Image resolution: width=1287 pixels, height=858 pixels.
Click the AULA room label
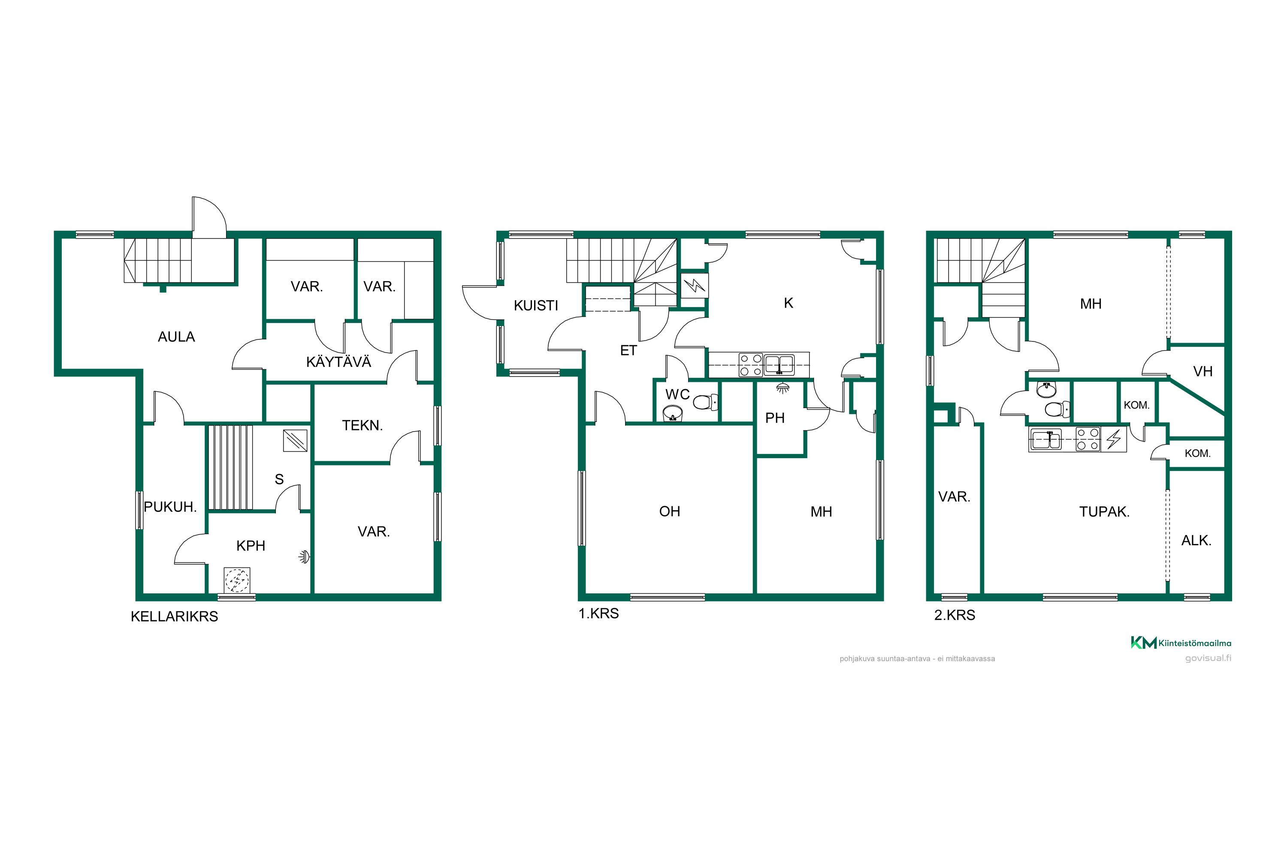point(176,336)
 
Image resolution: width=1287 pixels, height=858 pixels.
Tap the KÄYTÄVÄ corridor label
point(339,362)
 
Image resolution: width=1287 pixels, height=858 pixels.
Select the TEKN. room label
point(362,425)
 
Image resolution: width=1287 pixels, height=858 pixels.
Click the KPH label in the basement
point(251,546)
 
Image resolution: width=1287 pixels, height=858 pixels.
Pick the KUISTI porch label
point(536,305)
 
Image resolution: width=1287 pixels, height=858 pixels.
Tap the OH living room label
point(670,511)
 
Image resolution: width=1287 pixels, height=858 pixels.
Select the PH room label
point(775,418)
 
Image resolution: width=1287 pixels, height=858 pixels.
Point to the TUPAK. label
point(1104,512)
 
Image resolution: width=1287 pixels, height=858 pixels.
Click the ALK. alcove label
point(1196,541)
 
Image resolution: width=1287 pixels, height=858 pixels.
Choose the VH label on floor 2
point(1203,372)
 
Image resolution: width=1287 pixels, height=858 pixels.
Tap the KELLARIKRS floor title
point(174,616)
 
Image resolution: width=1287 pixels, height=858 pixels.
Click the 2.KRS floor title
point(954,615)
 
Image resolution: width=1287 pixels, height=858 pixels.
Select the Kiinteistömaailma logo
point(1181,643)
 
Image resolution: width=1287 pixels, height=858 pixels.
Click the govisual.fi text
point(1208,658)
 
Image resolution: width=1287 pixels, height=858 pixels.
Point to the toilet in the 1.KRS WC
point(705,403)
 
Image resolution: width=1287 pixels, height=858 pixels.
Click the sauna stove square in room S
point(295,441)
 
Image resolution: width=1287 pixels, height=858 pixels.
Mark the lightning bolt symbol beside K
point(695,285)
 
